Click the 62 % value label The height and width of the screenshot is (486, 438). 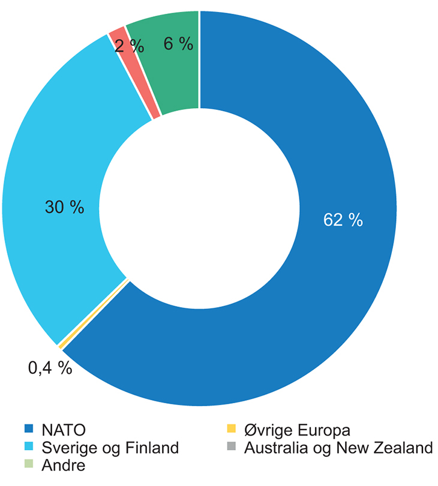point(343,220)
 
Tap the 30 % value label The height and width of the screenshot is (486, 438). point(64,208)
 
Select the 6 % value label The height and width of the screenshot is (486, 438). point(178,44)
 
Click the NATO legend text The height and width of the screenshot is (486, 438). point(64,430)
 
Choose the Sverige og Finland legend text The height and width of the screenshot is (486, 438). point(110,448)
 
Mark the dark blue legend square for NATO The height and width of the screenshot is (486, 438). point(28,429)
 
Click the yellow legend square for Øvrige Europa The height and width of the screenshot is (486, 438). point(231,429)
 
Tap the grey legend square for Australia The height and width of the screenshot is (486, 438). point(231,446)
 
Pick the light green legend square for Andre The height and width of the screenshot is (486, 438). point(28,464)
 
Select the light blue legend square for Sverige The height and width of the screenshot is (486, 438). point(28,446)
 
